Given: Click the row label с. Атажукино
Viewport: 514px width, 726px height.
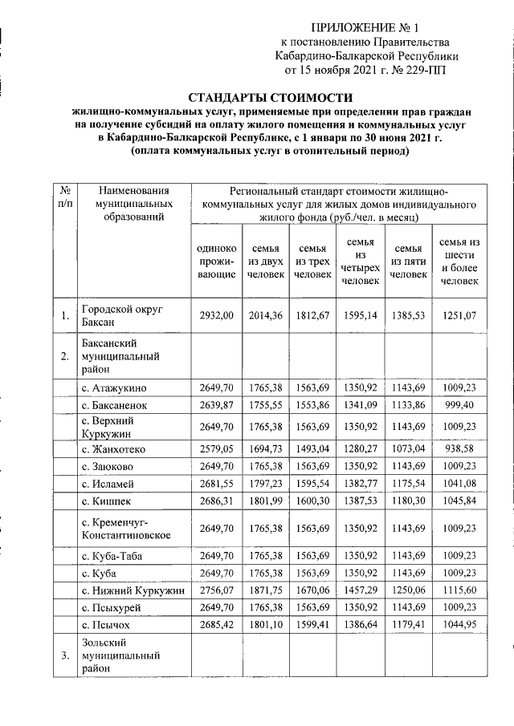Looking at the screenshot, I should coord(119,389).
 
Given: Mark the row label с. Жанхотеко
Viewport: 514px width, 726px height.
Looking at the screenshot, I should coord(120,448).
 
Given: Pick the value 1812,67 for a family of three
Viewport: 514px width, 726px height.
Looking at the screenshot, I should coord(312,316).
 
